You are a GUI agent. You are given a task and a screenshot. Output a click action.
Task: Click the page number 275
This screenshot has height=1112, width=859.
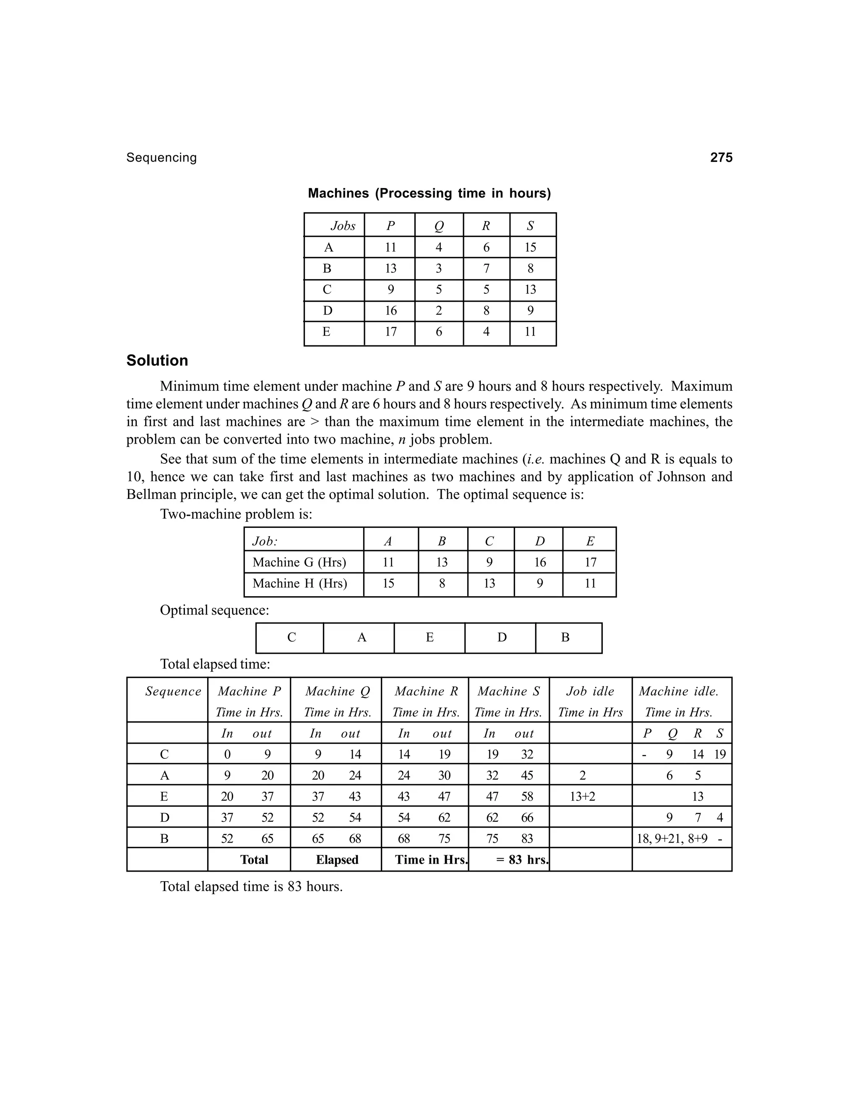[721, 158]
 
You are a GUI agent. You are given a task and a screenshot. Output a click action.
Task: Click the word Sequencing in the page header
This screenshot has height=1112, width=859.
[161, 158]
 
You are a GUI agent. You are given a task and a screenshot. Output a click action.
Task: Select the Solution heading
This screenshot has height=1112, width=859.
[157, 360]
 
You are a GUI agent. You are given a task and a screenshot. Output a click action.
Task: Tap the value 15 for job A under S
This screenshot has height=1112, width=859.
[530, 248]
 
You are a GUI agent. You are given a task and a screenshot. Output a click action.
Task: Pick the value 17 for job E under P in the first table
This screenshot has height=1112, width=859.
[390, 332]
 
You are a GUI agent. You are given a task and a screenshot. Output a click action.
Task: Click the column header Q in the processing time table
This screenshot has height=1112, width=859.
[439, 226]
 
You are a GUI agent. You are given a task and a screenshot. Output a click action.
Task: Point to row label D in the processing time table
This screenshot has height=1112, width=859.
[328, 311]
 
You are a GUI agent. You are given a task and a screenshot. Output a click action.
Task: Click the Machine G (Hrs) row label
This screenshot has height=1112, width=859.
[299, 562]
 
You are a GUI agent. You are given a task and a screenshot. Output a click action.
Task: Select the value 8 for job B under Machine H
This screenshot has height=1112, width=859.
[442, 584]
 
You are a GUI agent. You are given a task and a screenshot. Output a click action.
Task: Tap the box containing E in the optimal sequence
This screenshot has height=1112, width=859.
[429, 637]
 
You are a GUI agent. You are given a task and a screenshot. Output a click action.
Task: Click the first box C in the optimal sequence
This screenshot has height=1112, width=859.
[291, 637]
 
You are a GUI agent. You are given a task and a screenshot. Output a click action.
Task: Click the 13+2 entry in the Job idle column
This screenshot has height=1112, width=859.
[582, 797]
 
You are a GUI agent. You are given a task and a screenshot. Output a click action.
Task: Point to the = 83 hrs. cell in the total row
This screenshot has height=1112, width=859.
[522, 860]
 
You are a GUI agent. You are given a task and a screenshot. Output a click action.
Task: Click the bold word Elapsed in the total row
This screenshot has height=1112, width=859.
[337, 860]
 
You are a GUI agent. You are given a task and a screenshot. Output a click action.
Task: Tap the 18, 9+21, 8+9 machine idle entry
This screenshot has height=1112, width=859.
[672, 838]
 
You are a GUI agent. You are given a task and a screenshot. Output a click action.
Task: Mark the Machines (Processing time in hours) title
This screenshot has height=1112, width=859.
[429, 193]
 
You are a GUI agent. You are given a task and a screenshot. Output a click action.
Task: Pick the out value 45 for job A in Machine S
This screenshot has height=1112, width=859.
[527, 775]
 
